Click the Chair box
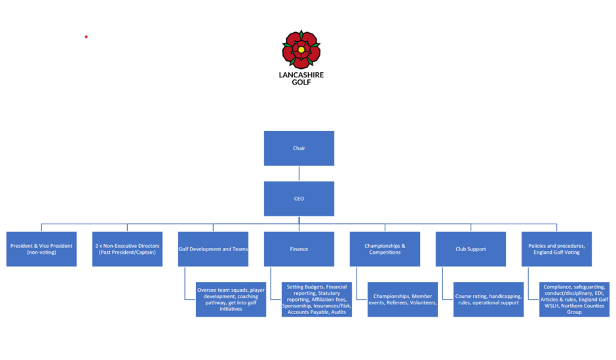point(299,148)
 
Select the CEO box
point(299,199)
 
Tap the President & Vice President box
point(41,249)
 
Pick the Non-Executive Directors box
point(127,249)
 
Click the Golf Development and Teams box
point(213,249)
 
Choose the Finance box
point(299,249)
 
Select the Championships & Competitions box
point(385,249)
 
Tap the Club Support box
point(471,249)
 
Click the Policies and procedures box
point(556,249)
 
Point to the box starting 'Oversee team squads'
point(231,299)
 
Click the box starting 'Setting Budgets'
point(317,299)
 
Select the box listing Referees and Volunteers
point(402,299)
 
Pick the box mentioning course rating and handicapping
point(488,299)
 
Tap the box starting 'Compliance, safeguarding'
point(574,299)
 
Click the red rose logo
point(301,49)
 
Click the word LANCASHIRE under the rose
point(301,75)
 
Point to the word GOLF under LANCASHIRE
point(301,82)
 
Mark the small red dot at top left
point(86,37)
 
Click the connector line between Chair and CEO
point(299,174)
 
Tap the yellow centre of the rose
point(301,49)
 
